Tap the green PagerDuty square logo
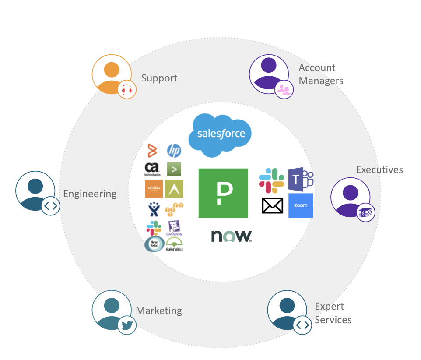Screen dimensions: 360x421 point(223,193)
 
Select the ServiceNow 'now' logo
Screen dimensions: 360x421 point(232,236)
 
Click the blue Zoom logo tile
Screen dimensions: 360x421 point(301,205)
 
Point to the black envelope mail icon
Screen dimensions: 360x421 point(273,205)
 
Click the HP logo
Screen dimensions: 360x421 point(174,151)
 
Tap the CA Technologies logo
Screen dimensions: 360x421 point(152,169)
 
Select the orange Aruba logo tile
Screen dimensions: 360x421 point(154,189)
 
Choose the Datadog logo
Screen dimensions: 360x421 point(175,228)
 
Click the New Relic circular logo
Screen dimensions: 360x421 point(154,244)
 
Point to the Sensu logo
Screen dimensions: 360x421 point(174,245)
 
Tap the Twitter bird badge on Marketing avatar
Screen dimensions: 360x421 point(127,325)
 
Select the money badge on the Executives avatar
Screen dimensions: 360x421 point(366,213)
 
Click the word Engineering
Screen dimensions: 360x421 point(90,194)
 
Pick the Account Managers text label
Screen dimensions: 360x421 point(320,74)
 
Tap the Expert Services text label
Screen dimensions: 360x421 point(333,313)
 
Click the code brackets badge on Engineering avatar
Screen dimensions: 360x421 point(50,206)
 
